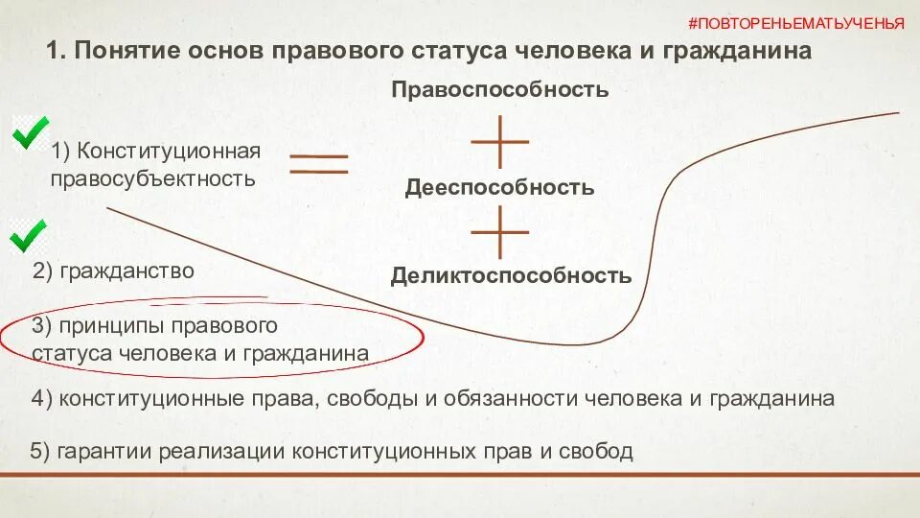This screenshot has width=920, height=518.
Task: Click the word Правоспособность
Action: click(499, 90)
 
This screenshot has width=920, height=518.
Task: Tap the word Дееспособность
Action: click(499, 187)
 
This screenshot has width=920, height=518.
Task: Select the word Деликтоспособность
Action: click(511, 276)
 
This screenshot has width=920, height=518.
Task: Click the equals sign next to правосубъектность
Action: click(319, 164)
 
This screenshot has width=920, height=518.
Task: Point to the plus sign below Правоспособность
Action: click(500, 141)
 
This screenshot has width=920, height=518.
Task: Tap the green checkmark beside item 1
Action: click(31, 132)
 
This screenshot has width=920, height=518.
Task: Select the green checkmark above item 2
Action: click(28, 234)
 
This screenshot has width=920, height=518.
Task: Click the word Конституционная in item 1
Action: click(170, 151)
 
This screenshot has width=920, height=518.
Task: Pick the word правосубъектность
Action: click(153, 178)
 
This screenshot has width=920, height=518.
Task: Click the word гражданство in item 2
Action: click(127, 271)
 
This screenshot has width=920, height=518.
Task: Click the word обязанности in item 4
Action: click(494, 398)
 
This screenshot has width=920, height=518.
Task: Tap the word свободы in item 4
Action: click(363, 398)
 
